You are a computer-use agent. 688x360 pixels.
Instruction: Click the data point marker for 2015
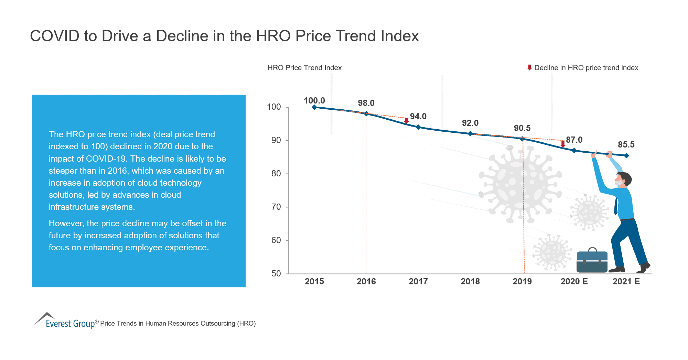314,107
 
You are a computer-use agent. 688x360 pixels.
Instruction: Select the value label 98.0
366,103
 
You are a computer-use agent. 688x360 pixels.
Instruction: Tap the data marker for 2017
418,127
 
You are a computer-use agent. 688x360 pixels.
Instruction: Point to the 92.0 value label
470,123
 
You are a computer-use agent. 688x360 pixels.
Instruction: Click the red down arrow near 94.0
406,121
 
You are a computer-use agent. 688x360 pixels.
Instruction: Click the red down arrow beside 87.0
563,144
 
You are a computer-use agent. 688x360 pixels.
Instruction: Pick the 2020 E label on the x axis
574,281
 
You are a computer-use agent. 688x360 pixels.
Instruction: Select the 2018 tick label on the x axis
470,281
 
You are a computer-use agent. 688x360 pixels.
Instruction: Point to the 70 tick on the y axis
276,207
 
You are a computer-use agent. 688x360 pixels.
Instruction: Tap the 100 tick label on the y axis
274,107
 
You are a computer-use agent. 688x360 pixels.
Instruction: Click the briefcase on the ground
592,261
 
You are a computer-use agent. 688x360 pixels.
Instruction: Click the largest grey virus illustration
519,184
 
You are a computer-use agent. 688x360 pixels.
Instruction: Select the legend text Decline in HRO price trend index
586,68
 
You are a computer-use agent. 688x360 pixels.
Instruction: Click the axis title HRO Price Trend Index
304,68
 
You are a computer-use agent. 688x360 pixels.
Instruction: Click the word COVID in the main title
55,36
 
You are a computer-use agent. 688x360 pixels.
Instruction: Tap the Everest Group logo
65,321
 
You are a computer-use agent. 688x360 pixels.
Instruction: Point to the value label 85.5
626,144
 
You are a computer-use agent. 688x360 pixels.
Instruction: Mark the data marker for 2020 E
574,150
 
